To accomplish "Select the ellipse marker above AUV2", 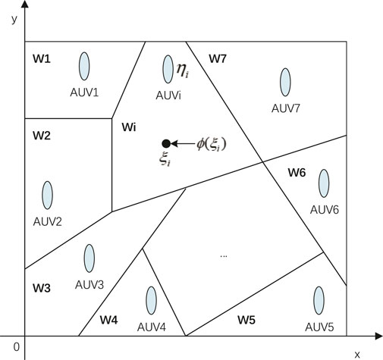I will point(48,195).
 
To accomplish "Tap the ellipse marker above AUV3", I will point(89,258).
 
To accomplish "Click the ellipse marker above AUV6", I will point(324,183).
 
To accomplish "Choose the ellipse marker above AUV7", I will point(285,82).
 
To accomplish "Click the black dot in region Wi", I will point(165,143).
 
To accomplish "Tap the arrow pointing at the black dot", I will point(182,143).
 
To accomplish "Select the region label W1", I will point(41,58).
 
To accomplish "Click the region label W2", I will point(41,136).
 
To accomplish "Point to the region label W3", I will point(41,288).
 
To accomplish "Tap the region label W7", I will point(218,58).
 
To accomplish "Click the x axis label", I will point(356,353).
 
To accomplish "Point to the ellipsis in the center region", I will point(224,256).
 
